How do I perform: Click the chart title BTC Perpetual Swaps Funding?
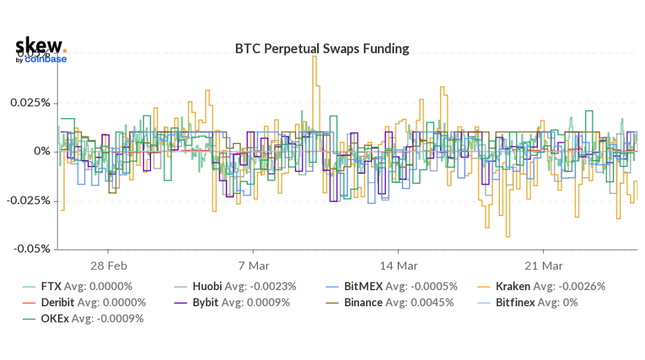(322, 48)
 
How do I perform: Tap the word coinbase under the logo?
(45, 59)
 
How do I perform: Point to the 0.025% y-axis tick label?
(30, 103)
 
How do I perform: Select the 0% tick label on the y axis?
(42, 152)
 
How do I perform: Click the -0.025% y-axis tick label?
(29, 201)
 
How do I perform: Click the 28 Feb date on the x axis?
(109, 265)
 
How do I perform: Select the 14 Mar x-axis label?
(398, 265)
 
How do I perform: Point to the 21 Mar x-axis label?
(543, 265)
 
